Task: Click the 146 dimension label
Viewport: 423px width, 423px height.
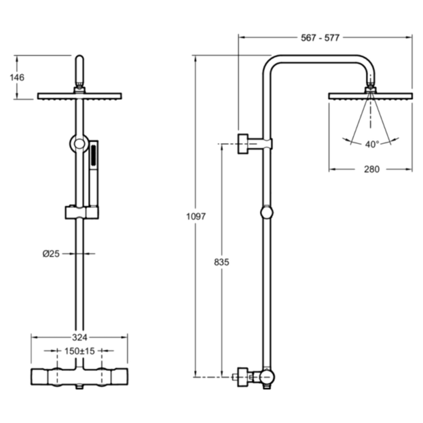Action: pyautogui.click(x=17, y=78)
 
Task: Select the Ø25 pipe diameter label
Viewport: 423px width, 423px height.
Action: pyautogui.click(x=51, y=254)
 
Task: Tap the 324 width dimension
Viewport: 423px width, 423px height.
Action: pyautogui.click(x=80, y=337)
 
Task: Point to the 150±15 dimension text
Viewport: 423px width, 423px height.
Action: pyautogui.click(x=80, y=351)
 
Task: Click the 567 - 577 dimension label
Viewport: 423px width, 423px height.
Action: pyautogui.click(x=320, y=38)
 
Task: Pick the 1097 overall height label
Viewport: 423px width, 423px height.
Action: pyautogui.click(x=196, y=216)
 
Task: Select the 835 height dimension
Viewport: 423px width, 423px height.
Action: pyautogui.click(x=222, y=262)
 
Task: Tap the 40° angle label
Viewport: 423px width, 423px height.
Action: pyautogui.click(x=372, y=144)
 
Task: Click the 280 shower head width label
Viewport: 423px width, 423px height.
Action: pyautogui.click(x=372, y=169)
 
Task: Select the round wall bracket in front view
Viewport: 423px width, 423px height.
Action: pyautogui.click(x=79, y=144)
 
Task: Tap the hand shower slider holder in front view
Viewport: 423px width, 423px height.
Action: pyautogui.click(x=82, y=213)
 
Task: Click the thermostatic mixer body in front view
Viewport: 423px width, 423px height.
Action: pyautogui.click(x=79, y=377)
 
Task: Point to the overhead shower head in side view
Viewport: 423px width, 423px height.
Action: pyautogui.click(x=370, y=96)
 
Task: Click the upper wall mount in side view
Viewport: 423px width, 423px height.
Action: pyautogui.click(x=243, y=144)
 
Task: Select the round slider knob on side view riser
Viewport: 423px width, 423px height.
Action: pyautogui.click(x=267, y=213)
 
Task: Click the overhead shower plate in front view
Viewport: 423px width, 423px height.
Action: pyautogui.click(x=79, y=96)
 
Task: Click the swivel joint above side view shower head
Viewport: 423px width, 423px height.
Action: pyautogui.click(x=370, y=88)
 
